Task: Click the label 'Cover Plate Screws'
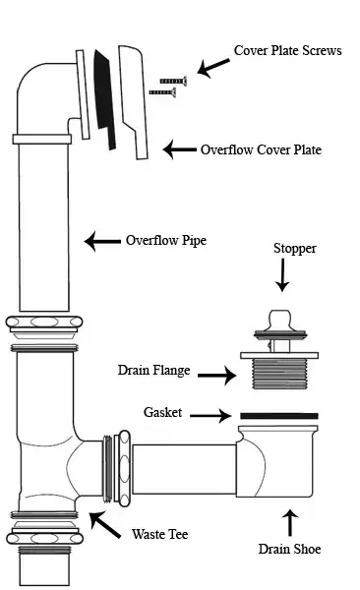tap(287, 50)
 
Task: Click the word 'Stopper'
tap(294, 249)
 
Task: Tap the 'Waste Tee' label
tap(159, 534)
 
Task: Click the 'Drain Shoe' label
tap(288, 548)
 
